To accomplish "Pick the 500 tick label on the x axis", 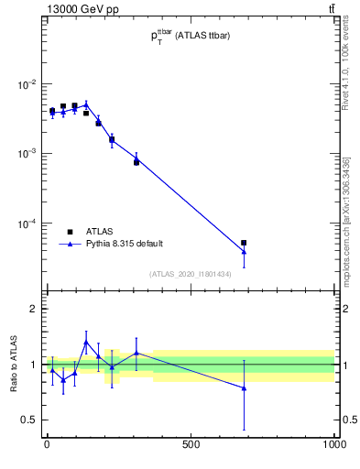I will pyautogui.click(x=191, y=445).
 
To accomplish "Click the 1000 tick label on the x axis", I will pyautogui.click(x=334, y=445).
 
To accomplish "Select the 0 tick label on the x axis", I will pyautogui.click(x=47, y=445).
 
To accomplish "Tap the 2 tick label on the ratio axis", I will pyautogui.click(x=33, y=309).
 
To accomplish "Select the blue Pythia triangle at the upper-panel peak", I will pyautogui.click(x=86, y=104).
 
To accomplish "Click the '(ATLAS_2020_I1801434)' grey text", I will pyautogui.click(x=190, y=274).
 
